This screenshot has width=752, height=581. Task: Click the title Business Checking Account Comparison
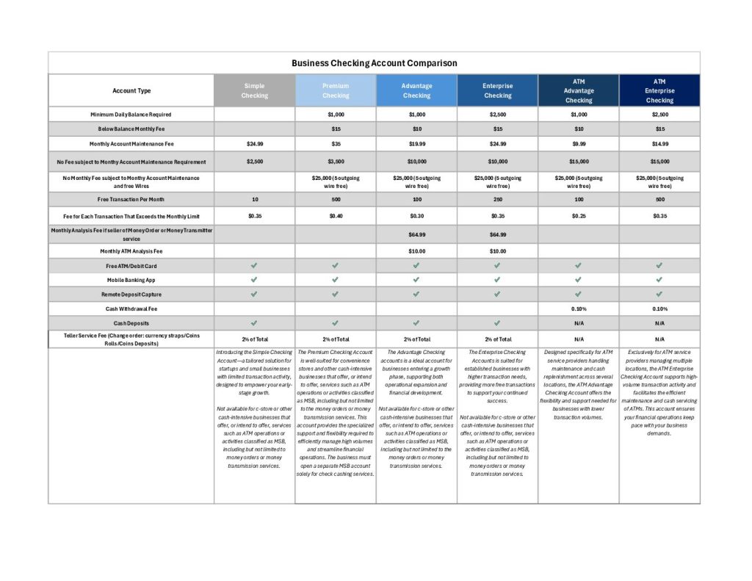(374, 63)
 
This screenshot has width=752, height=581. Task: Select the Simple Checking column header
(254, 90)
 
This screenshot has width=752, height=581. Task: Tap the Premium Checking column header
(336, 90)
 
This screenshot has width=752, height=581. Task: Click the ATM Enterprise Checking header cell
(659, 90)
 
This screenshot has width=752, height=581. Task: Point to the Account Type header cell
(131, 90)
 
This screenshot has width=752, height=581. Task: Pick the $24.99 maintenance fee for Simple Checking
(254, 144)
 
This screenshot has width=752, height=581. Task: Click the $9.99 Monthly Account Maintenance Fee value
(578, 144)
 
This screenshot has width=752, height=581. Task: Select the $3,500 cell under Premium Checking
(336, 161)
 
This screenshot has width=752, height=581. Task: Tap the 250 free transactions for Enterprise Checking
(497, 199)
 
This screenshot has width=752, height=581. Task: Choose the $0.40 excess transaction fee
(336, 216)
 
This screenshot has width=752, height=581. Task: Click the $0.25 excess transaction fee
(578, 216)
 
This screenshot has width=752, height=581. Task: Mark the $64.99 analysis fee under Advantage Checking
(416, 234)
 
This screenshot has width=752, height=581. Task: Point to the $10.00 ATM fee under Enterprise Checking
(497, 250)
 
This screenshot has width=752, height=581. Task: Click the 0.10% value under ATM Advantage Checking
(578, 308)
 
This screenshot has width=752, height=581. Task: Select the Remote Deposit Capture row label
(131, 294)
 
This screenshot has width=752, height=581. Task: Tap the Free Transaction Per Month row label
(131, 199)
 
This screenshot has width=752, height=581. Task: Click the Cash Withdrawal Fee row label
(131, 308)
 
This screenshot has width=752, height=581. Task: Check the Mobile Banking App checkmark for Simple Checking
(254, 280)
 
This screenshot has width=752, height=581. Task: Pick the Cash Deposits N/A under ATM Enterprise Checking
(659, 322)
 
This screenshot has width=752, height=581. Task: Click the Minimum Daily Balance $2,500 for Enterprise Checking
(497, 115)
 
